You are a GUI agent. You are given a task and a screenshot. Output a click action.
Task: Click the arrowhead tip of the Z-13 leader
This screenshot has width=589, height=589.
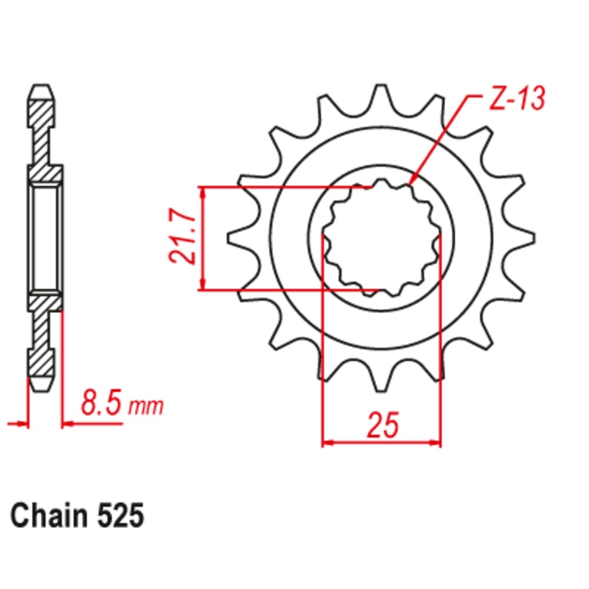[411, 183]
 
